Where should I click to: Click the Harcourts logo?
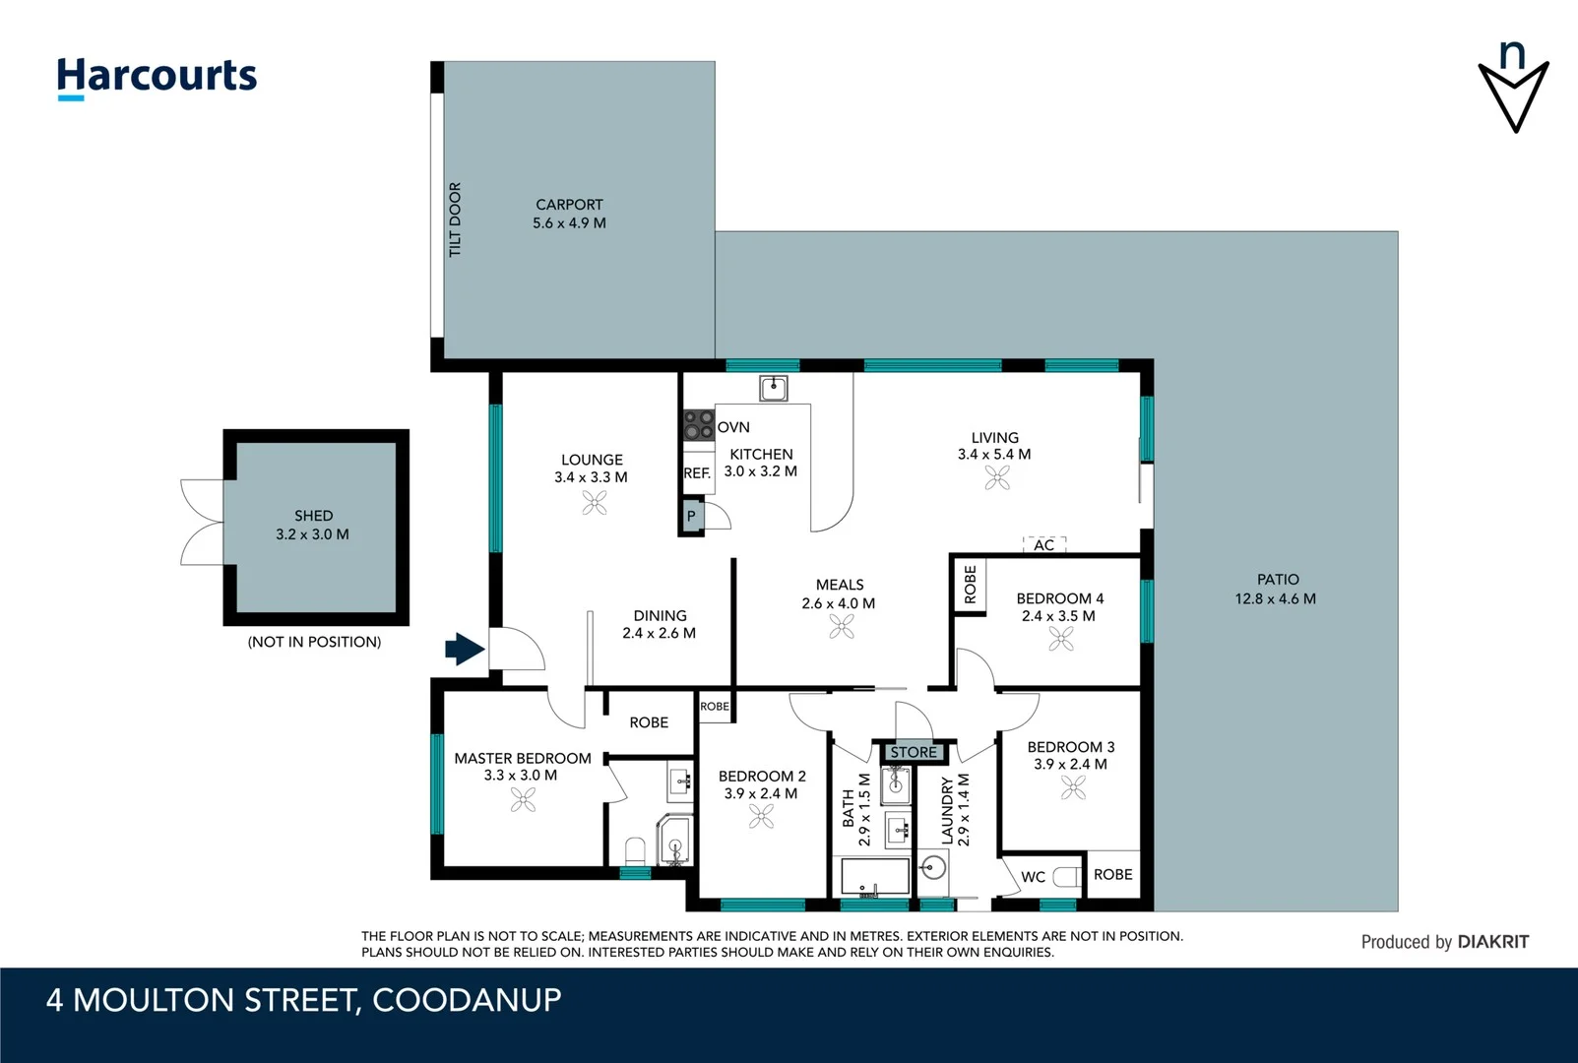(x=157, y=77)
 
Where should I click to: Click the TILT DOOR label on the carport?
(x=455, y=219)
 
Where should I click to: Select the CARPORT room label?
(x=569, y=205)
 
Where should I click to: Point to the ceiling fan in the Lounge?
(x=595, y=503)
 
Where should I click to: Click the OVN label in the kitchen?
(x=733, y=427)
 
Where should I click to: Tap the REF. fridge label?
(x=697, y=473)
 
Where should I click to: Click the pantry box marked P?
(x=691, y=516)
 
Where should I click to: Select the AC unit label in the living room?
(x=1044, y=544)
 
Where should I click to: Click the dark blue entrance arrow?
(x=465, y=649)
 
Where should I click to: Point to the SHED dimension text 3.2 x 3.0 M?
(x=312, y=534)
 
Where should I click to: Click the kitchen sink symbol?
(x=774, y=388)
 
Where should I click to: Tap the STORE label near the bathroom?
(x=914, y=752)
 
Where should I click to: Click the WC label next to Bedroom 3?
(x=1033, y=877)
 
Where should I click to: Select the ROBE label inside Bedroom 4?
(x=971, y=585)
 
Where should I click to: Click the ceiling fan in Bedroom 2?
(x=761, y=817)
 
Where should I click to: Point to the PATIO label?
(x=1278, y=580)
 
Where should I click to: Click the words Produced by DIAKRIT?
(x=1444, y=942)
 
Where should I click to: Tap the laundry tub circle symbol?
(x=932, y=867)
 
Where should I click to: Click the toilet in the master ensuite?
(x=635, y=850)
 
